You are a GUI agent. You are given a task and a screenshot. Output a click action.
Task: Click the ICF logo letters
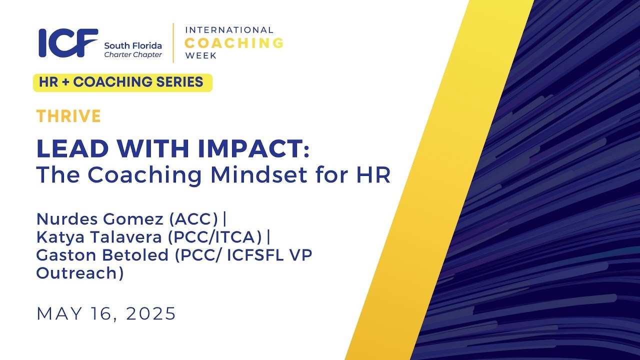click(x=68, y=43)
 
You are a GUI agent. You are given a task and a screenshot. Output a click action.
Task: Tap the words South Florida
click(x=133, y=45)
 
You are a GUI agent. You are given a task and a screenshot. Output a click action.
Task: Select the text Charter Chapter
click(x=133, y=55)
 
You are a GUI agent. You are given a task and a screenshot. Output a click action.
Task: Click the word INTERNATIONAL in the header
click(x=229, y=30)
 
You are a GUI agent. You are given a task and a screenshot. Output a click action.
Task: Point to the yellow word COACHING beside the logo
click(x=234, y=43)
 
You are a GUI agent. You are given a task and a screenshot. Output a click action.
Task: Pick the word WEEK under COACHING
click(x=201, y=55)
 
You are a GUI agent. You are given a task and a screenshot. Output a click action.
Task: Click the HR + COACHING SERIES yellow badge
click(x=122, y=82)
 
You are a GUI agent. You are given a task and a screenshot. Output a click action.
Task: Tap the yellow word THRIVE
click(x=68, y=116)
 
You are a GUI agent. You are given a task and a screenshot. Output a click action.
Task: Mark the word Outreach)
click(x=80, y=273)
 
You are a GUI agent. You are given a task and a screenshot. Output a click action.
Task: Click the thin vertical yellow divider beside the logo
click(x=173, y=43)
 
